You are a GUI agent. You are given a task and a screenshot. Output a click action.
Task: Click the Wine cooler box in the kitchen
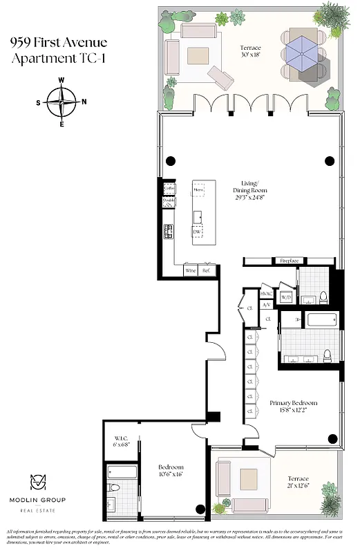[191, 271]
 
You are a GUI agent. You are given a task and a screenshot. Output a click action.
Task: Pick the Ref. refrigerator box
[205, 271]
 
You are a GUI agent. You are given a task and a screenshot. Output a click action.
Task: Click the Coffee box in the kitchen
[169, 188]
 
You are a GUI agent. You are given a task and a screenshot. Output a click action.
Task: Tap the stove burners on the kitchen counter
[168, 232]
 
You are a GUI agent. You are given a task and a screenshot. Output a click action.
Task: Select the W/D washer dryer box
[286, 297]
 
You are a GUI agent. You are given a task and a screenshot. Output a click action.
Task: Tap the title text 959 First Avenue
[59, 44]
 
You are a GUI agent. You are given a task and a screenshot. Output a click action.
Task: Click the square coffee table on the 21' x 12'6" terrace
[248, 477]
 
